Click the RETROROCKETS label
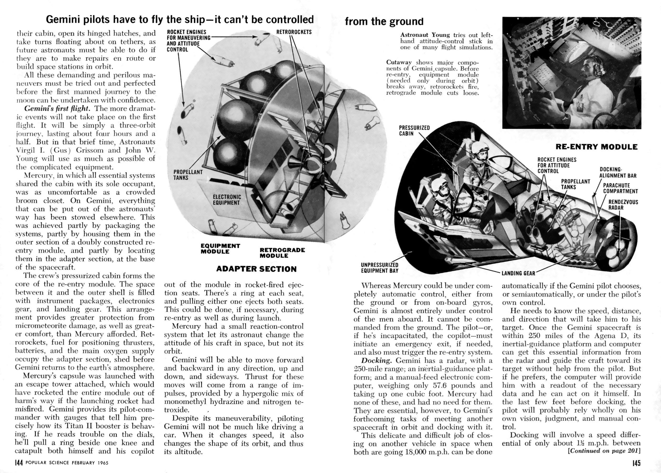[294, 32]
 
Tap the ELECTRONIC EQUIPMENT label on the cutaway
[227, 200]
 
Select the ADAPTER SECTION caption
[256, 269]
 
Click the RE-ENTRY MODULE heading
[596, 147]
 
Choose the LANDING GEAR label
[518, 273]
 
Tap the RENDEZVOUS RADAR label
[623, 205]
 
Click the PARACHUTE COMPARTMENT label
[620, 188]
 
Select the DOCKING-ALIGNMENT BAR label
[618, 172]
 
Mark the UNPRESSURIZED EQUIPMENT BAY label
[379, 268]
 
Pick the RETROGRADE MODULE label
[282, 253]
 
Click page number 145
[636, 463]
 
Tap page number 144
[19, 463]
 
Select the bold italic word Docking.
[377, 360]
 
